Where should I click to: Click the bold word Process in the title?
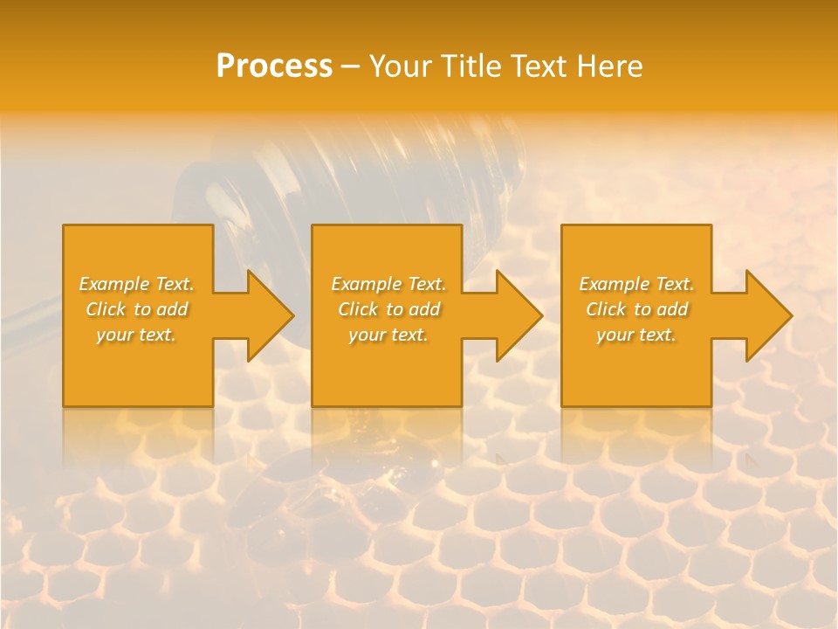pos(274,66)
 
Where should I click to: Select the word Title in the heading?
pos(470,66)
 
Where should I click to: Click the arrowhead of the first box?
pos(270,315)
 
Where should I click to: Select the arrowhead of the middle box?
pos(519,315)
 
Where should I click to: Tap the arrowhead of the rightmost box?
pos(768,315)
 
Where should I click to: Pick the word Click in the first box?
pos(106,309)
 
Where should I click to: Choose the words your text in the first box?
pos(136,335)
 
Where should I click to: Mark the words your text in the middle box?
pos(388,335)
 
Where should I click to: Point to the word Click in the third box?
pos(607,309)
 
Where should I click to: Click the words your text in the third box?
pos(636,335)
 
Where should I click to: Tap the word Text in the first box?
pos(175,284)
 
